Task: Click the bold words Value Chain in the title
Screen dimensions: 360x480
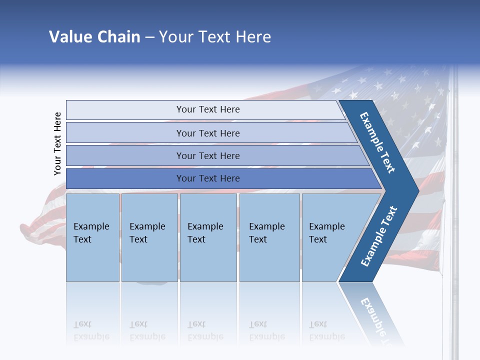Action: pos(94,37)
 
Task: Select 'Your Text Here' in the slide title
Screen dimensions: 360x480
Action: pos(215,37)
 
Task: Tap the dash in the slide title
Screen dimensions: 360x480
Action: pos(149,37)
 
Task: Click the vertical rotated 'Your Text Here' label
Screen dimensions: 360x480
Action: pos(57,144)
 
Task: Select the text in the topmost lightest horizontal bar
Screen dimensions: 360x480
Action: pos(208,109)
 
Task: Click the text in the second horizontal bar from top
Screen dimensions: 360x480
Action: pos(208,133)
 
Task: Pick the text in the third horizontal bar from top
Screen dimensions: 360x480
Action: pos(208,155)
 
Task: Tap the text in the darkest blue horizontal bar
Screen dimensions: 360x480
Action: pos(208,178)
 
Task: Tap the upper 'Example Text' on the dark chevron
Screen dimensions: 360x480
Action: pos(377,142)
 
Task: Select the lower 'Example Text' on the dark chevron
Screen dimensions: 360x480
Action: pos(379,236)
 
